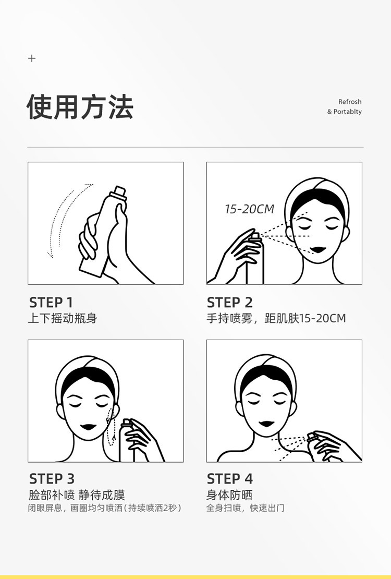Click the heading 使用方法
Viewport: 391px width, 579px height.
(80, 107)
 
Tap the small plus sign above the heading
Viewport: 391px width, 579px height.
(32, 58)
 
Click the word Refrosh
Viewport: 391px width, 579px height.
(350, 102)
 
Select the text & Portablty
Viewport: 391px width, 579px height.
(344, 112)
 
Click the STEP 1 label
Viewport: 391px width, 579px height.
(51, 303)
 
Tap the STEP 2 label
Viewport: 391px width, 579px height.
(230, 303)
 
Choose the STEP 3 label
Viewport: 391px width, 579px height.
(52, 479)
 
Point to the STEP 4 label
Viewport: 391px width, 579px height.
(230, 479)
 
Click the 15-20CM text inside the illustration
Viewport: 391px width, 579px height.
(250, 209)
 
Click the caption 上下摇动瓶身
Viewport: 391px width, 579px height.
(63, 318)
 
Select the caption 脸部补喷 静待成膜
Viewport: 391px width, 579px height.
(77, 494)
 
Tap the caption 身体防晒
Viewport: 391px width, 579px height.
(229, 494)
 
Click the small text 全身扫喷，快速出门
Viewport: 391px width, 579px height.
(245, 508)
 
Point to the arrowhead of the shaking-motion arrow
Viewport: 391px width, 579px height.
(50, 254)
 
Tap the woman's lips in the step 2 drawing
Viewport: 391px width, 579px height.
(318, 250)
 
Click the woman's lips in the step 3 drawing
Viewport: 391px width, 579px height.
(89, 427)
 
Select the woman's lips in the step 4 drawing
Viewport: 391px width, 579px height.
(266, 424)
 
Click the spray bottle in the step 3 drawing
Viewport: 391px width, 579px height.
(127, 441)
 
